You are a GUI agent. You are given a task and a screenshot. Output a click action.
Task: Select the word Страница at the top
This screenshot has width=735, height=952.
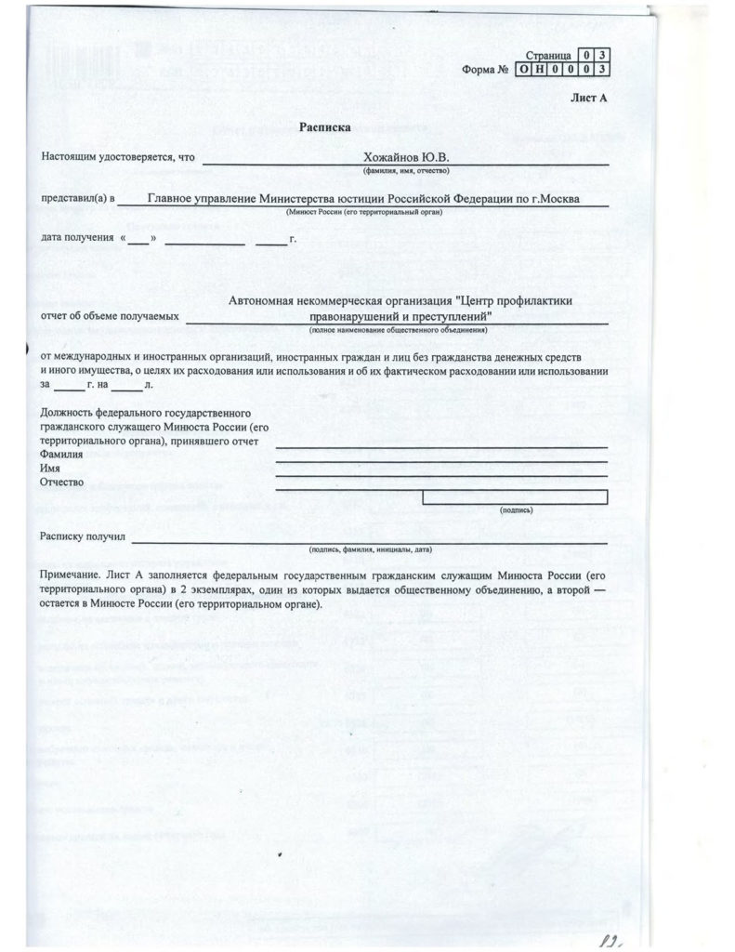coord(548,57)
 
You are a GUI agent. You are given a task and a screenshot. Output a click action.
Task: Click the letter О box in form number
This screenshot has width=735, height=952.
coord(527,69)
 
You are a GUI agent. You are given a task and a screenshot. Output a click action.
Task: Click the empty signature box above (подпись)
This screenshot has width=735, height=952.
coord(515,496)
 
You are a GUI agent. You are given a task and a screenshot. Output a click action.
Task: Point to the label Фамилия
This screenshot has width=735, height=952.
coord(61,455)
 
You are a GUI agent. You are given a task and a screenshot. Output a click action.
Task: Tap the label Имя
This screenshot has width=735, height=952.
coord(50,469)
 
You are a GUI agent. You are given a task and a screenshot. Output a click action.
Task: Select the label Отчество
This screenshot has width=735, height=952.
coord(62,483)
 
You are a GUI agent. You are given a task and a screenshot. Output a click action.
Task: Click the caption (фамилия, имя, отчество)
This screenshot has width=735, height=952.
coord(405,171)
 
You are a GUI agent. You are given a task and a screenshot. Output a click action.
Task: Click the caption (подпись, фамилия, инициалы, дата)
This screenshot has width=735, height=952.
coord(371,549)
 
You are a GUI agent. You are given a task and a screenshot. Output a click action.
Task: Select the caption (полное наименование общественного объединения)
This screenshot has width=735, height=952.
coord(400,330)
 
